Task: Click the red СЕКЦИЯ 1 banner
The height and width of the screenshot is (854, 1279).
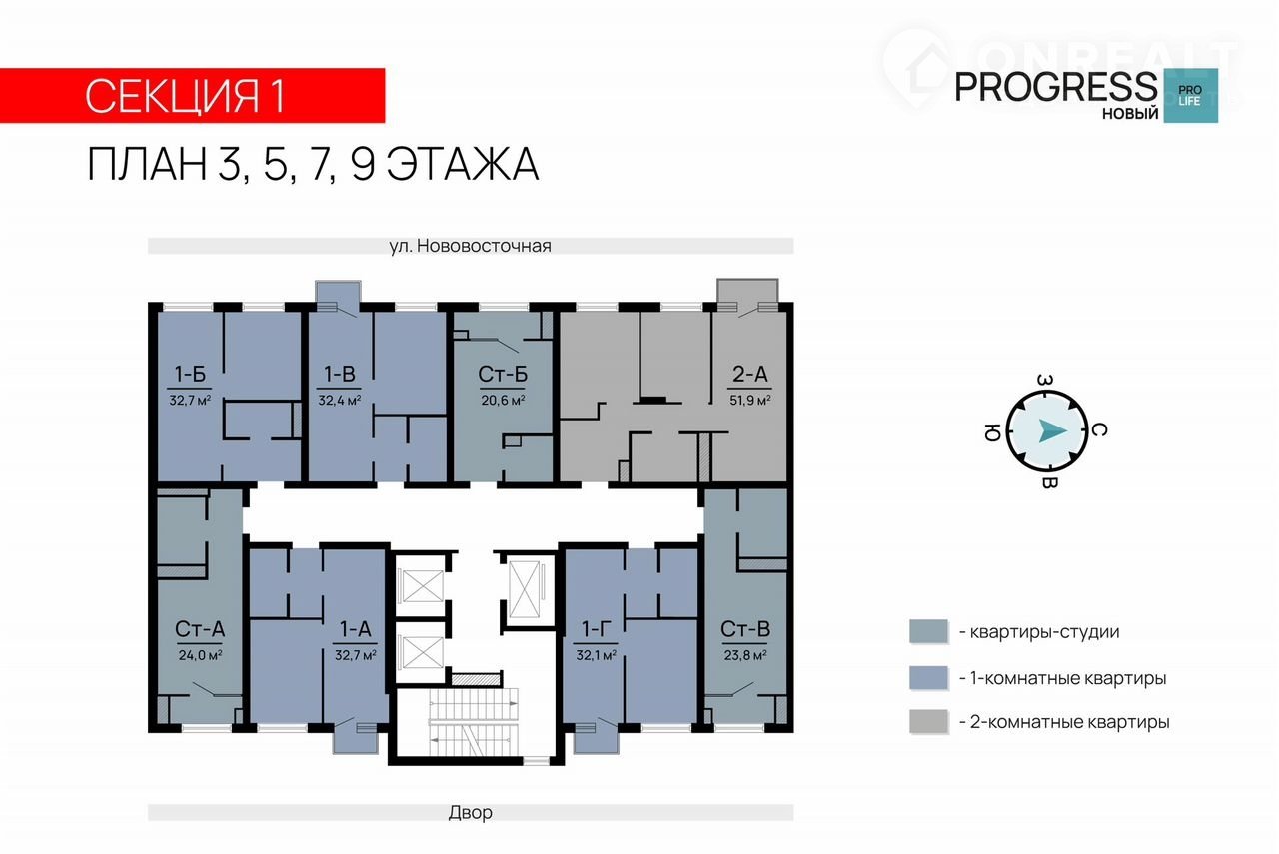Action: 192,95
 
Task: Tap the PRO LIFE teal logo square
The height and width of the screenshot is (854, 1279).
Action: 1190,95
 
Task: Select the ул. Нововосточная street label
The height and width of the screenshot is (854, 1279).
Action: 470,246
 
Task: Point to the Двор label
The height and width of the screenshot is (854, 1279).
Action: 470,812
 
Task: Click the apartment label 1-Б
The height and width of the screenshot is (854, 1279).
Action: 190,374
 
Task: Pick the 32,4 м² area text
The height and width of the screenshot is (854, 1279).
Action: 339,400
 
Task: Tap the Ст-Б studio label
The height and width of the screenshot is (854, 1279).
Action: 503,374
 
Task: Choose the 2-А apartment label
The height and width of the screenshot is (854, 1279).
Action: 750,374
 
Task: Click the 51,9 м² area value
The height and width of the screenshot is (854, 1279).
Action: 750,400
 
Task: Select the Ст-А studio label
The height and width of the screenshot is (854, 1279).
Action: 200,629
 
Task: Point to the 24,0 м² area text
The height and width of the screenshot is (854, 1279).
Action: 200,655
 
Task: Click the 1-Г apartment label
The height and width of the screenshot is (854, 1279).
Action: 596,629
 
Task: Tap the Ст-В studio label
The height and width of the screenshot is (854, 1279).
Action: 745,629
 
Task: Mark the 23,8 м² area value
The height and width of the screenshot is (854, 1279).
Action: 745,655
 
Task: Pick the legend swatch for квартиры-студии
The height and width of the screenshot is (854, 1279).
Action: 928,631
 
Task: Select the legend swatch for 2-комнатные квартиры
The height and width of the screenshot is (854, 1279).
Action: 928,721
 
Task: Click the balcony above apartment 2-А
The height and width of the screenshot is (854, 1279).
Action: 748,291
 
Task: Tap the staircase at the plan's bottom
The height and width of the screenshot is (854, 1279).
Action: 474,722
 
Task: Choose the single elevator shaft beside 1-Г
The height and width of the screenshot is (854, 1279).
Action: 524,589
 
